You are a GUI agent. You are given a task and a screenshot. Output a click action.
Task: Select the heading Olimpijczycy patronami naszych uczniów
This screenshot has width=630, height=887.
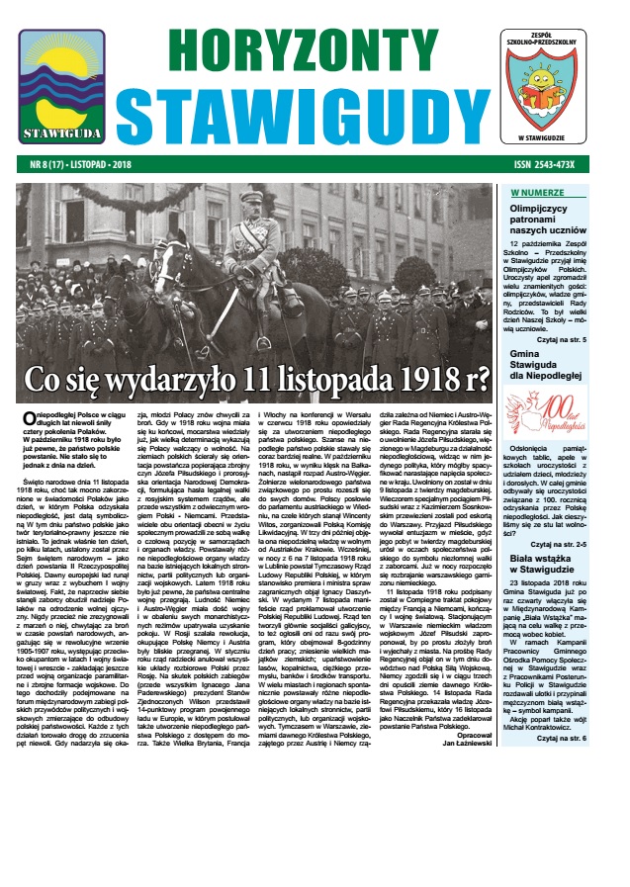pos(556,223)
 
